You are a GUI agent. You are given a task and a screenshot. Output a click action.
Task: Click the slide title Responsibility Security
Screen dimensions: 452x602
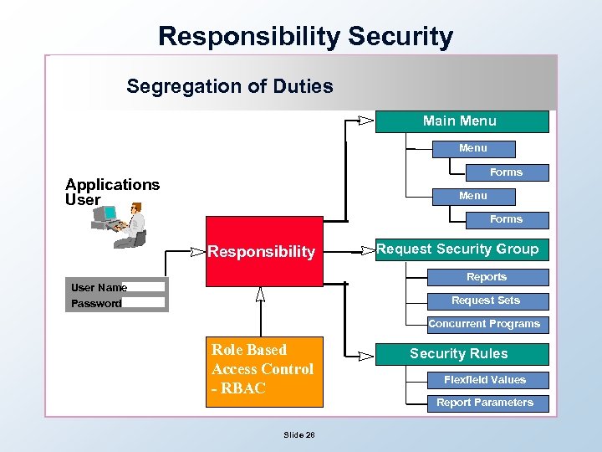pyautogui.click(x=305, y=36)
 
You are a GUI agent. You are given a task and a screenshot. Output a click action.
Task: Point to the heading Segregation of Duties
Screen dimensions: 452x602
pyautogui.click(x=229, y=86)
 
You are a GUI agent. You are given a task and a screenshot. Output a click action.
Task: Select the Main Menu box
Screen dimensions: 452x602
pyautogui.click(x=462, y=121)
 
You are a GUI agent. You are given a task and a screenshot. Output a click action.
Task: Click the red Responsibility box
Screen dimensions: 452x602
pyautogui.click(x=262, y=251)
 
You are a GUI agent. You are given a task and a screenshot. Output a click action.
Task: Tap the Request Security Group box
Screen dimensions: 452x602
pyautogui.click(x=458, y=249)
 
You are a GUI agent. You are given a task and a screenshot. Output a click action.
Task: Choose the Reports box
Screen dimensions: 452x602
pyautogui.click(x=486, y=277)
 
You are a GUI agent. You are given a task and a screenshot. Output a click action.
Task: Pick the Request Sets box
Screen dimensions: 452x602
pyautogui.click(x=486, y=300)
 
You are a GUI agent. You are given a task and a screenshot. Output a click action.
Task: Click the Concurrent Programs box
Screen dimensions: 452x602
pyautogui.click(x=484, y=324)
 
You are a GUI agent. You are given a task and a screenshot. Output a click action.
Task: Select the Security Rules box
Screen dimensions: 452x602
pyautogui.click(x=459, y=353)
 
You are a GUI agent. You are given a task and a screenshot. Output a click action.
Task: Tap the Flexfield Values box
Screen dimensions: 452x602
pyautogui.click(x=485, y=380)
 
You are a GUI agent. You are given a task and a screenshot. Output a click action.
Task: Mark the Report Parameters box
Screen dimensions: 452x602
pyautogui.click(x=485, y=403)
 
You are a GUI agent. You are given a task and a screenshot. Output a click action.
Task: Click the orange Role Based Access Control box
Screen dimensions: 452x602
pyautogui.click(x=263, y=370)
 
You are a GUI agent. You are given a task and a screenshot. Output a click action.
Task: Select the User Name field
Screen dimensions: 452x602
pyautogui.click(x=145, y=287)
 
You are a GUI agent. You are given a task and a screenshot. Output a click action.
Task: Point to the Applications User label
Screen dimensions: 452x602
pyautogui.click(x=112, y=192)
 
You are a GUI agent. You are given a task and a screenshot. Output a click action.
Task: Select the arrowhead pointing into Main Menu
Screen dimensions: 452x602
pyautogui.click(x=365, y=121)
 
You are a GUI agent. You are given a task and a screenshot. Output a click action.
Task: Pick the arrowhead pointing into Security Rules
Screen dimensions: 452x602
pyautogui.click(x=365, y=356)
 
